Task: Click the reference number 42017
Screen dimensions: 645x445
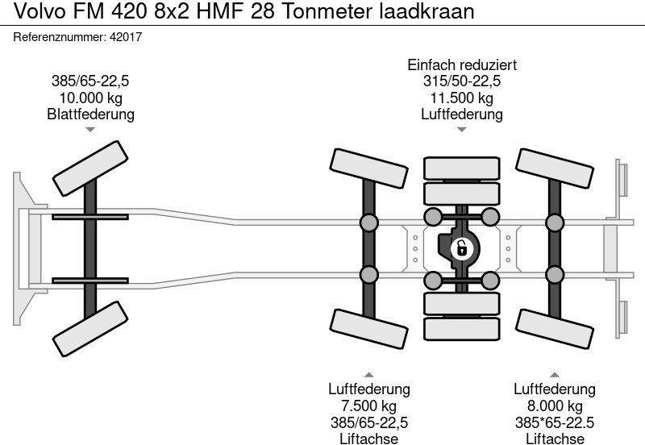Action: point(126,37)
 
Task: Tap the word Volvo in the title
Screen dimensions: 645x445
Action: point(40,11)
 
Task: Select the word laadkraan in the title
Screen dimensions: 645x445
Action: point(427,11)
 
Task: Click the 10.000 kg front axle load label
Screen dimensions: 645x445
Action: point(91,98)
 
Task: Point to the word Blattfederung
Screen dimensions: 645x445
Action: point(91,114)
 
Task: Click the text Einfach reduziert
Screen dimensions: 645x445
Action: point(462,65)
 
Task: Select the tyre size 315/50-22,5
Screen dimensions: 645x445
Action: point(462,81)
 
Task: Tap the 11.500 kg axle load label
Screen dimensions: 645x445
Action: point(462,98)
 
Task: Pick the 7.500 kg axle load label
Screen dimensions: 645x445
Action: point(369,405)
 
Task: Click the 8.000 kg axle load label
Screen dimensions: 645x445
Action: point(555,405)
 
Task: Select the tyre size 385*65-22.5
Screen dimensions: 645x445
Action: point(555,422)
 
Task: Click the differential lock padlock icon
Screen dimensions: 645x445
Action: point(462,248)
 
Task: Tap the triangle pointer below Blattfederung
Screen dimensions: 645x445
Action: point(90,130)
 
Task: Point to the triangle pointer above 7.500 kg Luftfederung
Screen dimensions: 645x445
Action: point(369,375)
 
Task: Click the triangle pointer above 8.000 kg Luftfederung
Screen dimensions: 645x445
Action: point(555,375)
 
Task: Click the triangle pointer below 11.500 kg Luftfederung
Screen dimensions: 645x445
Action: point(461,130)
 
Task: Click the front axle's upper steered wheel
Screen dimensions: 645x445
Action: point(90,168)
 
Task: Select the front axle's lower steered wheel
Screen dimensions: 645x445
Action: point(90,329)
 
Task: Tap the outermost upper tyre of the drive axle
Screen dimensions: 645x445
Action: point(462,168)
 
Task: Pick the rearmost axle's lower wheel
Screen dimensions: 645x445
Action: point(555,329)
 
